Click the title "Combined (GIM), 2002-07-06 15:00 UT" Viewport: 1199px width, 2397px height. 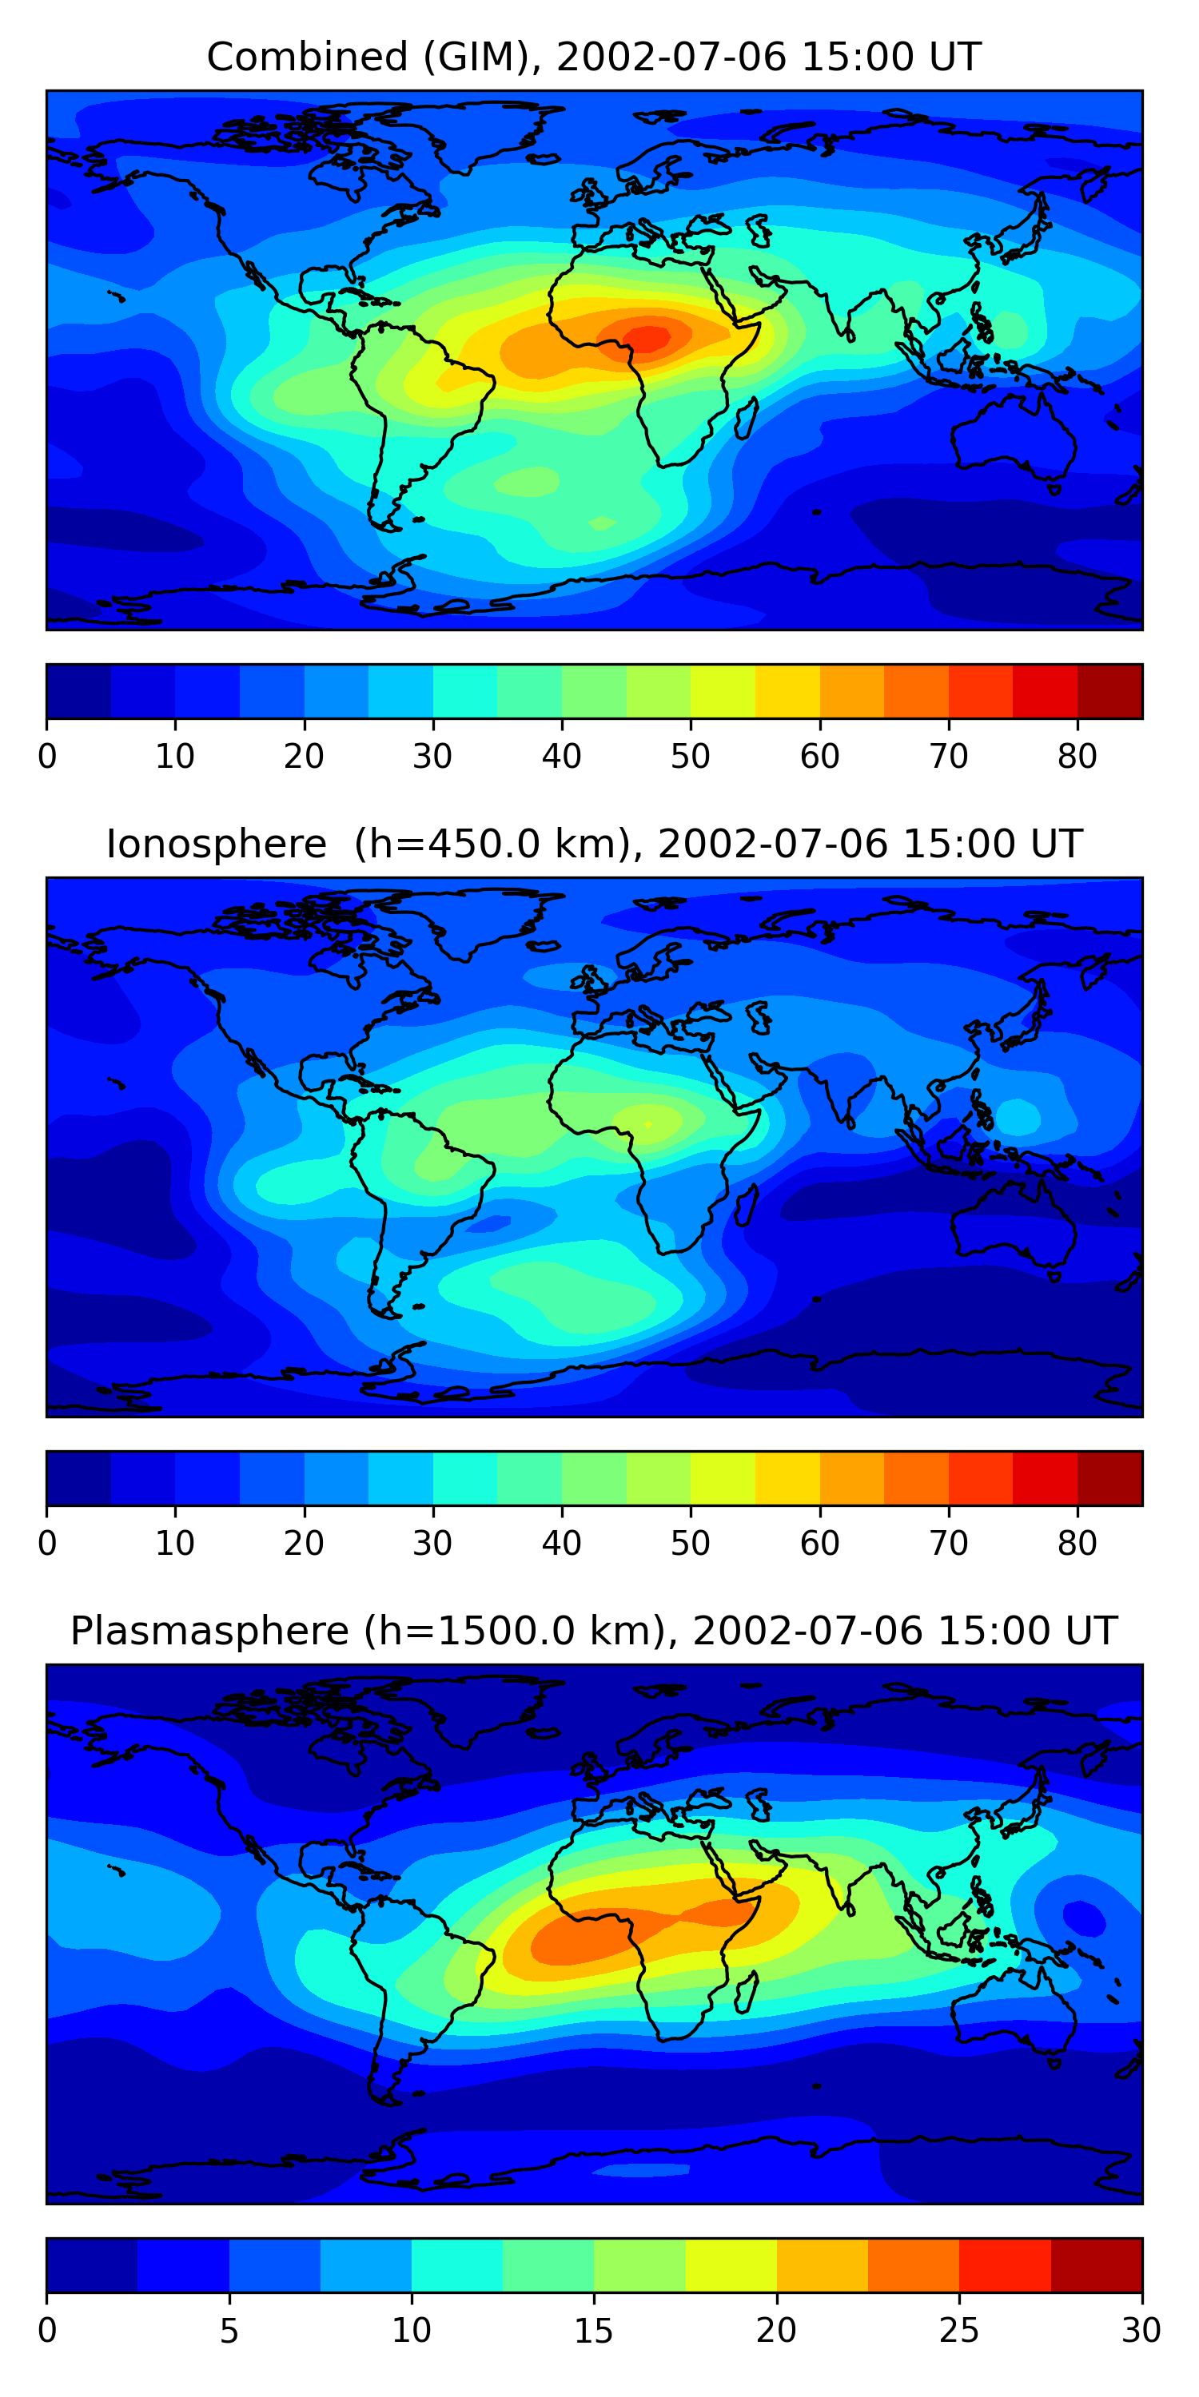coord(594,58)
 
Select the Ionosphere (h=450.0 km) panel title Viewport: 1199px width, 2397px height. coord(594,844)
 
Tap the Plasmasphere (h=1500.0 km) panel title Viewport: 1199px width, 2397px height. coord(594,1632)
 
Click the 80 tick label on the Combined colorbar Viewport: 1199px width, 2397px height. coord(1077,757)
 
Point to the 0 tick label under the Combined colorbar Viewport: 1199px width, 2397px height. coord(47,757)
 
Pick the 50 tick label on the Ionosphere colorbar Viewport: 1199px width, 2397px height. coord(690,1544)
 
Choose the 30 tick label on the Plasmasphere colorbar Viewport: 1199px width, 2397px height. coord(1141,2331)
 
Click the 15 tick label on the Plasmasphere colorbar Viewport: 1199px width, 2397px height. coord(594,2331)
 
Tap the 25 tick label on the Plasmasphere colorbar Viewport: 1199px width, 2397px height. coord(959,2331)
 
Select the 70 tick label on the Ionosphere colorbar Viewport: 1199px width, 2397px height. coord(949,1544)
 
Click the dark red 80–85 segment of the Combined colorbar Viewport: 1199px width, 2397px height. coord(1109,691)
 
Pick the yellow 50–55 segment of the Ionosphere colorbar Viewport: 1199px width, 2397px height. coord(723,1479)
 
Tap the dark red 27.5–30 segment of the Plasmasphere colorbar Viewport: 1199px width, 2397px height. coord(1097,2266)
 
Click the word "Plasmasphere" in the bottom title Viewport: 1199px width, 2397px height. coord(209,1632)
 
